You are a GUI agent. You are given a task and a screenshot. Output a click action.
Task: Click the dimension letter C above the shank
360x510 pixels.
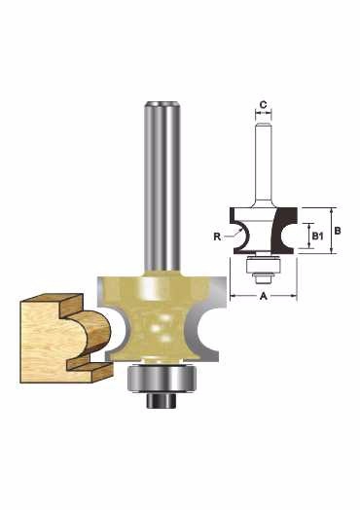tap(264, 105)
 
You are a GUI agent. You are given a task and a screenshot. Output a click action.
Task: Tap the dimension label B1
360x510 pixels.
tap(317, 237)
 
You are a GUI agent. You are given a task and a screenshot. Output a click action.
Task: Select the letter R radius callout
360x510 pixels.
tap(217, 237)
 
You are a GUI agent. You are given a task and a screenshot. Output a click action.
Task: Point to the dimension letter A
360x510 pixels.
tap(264, 296)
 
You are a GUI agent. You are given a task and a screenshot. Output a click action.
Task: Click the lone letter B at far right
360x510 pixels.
tap(338, 231)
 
